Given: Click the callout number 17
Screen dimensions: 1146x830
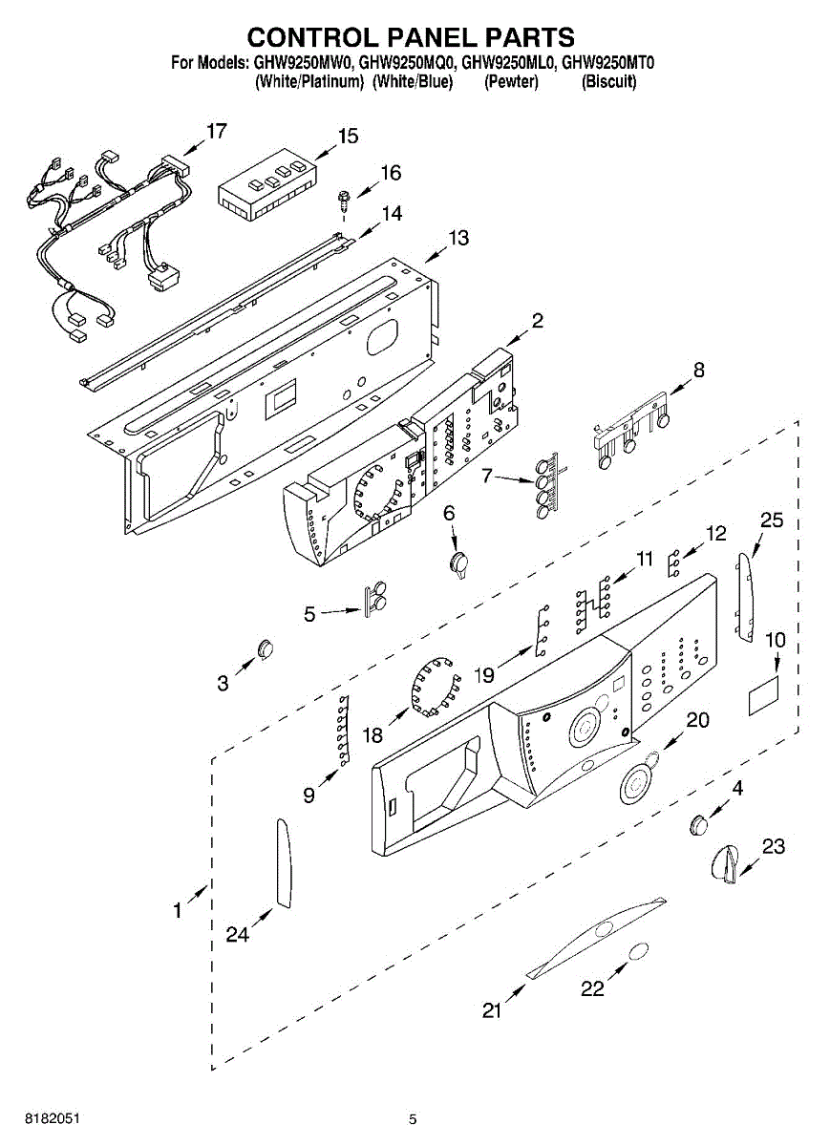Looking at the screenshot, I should coord(217,131).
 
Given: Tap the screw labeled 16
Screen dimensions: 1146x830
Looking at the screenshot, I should coord(341,200).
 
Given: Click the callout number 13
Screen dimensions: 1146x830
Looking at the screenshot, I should coord(459,238).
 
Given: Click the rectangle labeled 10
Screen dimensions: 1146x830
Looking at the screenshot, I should coord(763,697).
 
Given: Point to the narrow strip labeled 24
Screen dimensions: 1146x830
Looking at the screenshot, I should coord(283,861).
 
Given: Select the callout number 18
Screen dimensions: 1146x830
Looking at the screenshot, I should coord(372,734).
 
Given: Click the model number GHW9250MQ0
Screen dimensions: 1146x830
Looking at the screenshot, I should coord(408,65).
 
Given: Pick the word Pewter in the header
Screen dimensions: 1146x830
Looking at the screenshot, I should coord(512,82).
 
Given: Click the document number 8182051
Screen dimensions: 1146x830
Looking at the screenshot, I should coord(38,1118).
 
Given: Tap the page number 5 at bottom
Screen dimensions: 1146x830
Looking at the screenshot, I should coord(413,1119).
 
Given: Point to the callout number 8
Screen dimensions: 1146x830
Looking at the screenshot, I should coord(699,371).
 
